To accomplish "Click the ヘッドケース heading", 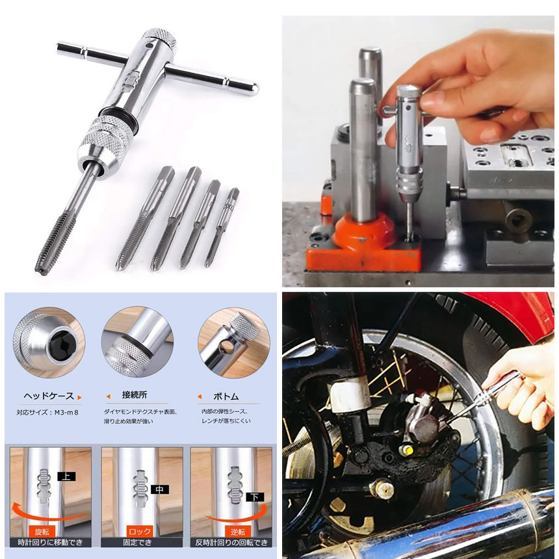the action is [49, 396].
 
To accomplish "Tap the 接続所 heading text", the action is [135, 395].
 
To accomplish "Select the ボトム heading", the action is [226, 396].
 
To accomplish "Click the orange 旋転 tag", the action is [42, 532].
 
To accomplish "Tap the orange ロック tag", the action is [140, 532].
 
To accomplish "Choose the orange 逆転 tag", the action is [237, 532].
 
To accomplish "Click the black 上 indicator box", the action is [66, 476].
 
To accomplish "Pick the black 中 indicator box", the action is [159, 489].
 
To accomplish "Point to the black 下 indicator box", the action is [255, 497].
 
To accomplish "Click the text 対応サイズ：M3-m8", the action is [47, 413].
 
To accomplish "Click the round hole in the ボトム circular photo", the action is [226, 346].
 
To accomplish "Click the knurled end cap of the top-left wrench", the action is [160, 38].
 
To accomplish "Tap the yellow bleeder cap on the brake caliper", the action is [409, 451].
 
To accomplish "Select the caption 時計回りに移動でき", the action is [50, 543].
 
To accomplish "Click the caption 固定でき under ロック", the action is [137, 543].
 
